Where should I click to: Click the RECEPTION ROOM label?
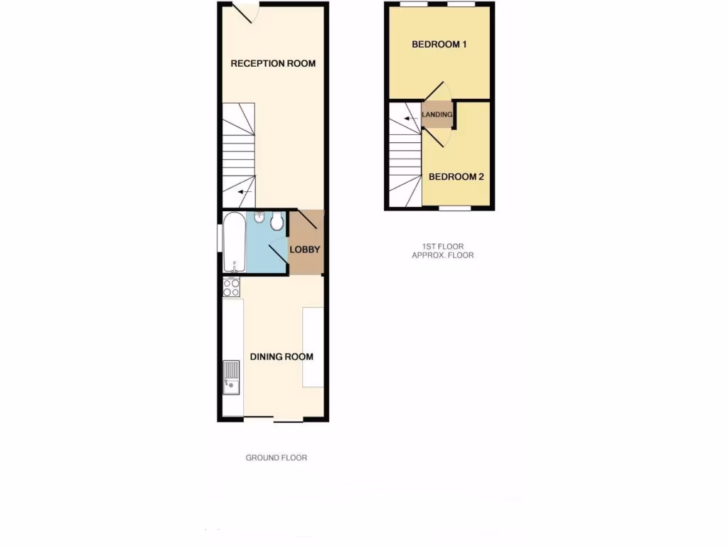tap(273, 63)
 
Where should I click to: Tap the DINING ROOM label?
tap(282, 357)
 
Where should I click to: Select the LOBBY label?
tap(305, 250)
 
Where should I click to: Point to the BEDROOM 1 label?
tap(439, 45)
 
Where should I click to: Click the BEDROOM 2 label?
tap(456, 176)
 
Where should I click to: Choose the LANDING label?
tap(437, 114)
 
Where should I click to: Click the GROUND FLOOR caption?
tap(277, 458)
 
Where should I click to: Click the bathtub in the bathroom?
tap(234, 242)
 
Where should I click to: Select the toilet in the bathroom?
tap(277, 223)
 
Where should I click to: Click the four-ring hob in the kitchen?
tap(232, 287)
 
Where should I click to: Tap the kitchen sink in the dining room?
tap(232, 377)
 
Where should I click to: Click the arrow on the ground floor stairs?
tap(245, 191)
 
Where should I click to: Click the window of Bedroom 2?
tap(455, 209)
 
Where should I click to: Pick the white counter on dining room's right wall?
tap(313, 347)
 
